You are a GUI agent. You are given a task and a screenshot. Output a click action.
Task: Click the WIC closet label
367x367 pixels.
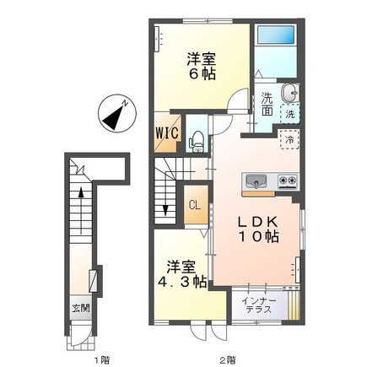(x=167, y=132)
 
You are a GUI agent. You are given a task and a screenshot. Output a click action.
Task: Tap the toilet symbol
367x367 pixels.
(x=197, y=142)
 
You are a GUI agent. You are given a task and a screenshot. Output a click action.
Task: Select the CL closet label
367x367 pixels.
(x=195, y=204)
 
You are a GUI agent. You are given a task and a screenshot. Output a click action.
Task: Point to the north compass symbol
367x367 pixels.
(x=117, y=113)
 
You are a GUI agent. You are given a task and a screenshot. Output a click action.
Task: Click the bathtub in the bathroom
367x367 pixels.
(x=276, y=35)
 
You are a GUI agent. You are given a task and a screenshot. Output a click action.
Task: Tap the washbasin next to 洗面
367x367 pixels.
(x=290, y=93)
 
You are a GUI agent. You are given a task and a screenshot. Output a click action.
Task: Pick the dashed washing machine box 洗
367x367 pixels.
(x=290, y=114)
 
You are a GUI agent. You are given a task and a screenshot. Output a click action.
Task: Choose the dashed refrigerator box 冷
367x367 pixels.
(x=289, y=139)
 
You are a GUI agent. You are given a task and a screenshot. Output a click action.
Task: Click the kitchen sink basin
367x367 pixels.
(x=256, y=181)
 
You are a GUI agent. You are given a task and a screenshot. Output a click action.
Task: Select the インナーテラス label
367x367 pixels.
(x=259, y=305)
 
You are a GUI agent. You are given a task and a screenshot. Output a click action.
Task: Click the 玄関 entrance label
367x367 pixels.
(x=81, y=308)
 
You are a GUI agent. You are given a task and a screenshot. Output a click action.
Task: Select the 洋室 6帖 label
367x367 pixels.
(x=202, y=67)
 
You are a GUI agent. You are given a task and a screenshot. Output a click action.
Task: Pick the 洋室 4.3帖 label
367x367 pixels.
(x=182, y=274)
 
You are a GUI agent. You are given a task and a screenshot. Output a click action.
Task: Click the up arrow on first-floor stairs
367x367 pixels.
(x=81, y=211)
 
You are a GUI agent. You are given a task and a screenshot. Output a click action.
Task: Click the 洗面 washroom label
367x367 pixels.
(x=267, y=104)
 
